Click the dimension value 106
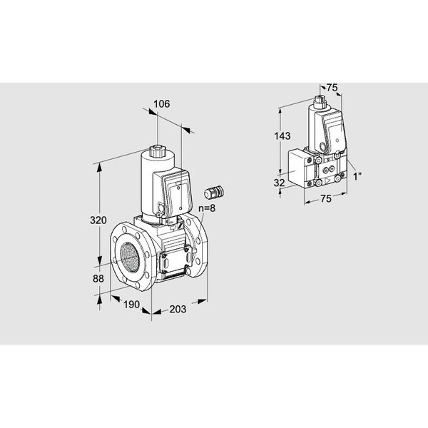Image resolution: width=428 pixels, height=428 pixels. pos(161,104)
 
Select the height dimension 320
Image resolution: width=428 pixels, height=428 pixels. pos(98,220)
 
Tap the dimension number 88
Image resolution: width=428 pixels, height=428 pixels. pos(98,279)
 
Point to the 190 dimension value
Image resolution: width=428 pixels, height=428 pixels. pos(131,305)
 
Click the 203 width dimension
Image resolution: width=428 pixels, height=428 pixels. pos(178,309)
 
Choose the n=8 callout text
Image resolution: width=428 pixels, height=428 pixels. pos(207,208)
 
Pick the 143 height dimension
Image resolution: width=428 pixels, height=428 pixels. pos(282,136)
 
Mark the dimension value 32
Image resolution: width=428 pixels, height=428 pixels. pos(279,183)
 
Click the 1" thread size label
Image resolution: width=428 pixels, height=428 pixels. pos(357,177)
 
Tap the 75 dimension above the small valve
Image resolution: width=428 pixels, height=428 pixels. pos(332,88)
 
